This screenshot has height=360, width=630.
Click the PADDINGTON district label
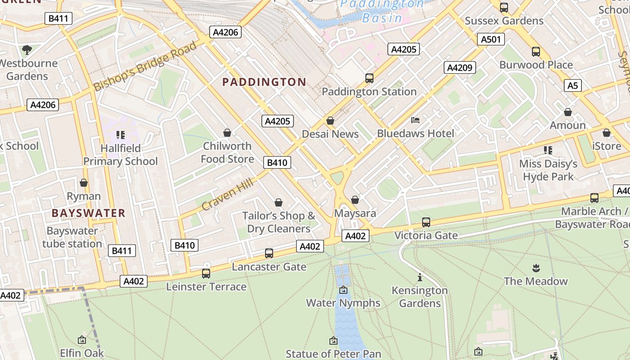click(x=265, y=82)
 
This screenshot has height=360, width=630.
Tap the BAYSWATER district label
click(x=88, y=213)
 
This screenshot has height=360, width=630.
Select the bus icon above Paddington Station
click(x=369, y=78)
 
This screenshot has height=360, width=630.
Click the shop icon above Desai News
click(x=330, y=121)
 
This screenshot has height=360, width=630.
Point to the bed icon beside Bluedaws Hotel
click(x=415, y=120)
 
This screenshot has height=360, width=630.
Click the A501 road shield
click(x=490, y=39)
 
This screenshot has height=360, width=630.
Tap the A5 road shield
click(x=573, y=85)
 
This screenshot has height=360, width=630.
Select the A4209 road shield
click(x=460, y=67)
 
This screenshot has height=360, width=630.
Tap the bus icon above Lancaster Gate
click(x=269, y=253)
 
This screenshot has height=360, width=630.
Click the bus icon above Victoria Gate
click(x=426, y=222)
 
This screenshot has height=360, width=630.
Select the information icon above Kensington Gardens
click(x=420, y=277)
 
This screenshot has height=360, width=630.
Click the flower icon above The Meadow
click(x=535, y=268)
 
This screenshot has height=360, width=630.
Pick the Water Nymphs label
click(x=343, y=303)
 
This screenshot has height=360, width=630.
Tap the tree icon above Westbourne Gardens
click(x=27, y=49)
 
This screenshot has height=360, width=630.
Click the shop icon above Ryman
click(x=84, y=183)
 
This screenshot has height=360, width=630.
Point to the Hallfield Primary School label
click(x=120, y=154)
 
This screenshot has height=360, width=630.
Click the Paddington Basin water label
click(x=382, y=11)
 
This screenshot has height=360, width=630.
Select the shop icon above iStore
click(x=607, y=133)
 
